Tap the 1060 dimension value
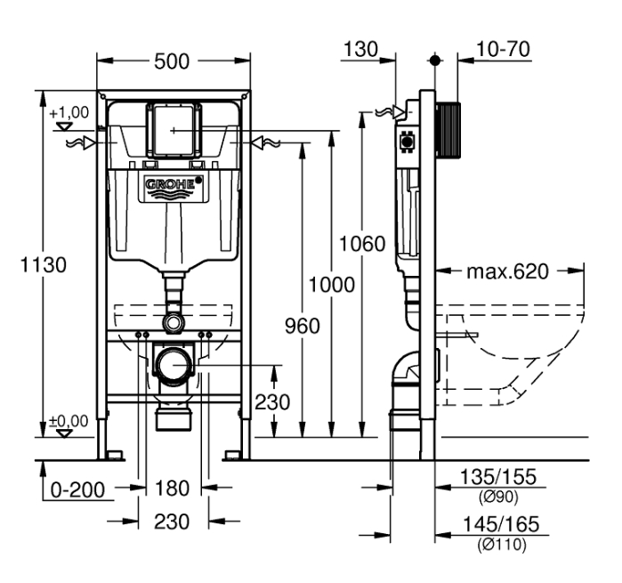click(x=362, y=243)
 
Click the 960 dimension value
click(x=302, y=327)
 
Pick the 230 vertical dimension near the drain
click(x=271, y=401)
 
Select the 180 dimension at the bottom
click(x=173, y=488)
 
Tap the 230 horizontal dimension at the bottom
click(x=173, y=522)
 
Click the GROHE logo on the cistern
click(x=173, y=185)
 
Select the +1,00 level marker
click(x=68, y=113)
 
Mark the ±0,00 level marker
click(x=68, y=421)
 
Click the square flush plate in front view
click(x=173, y=129)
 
